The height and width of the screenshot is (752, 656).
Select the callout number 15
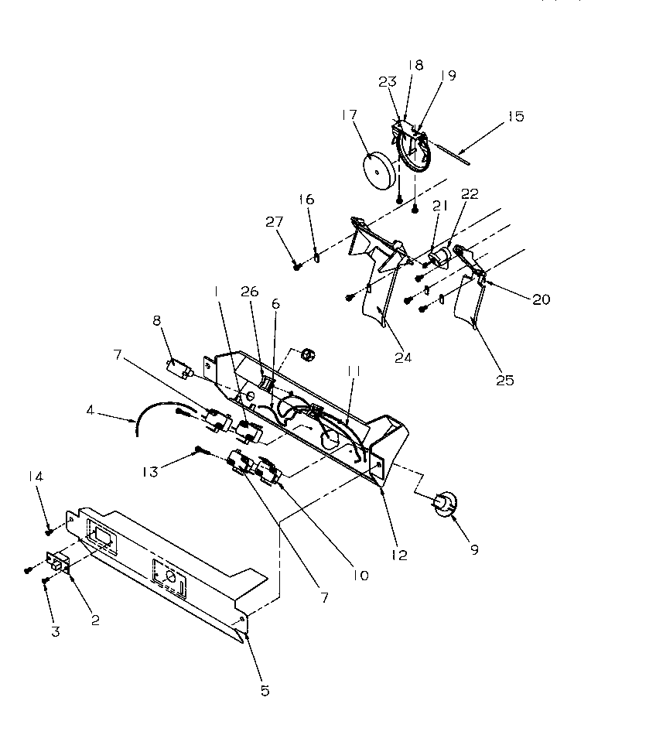point(515,117)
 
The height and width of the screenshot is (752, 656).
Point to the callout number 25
point(505,380)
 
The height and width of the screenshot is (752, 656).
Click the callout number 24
point(402,357)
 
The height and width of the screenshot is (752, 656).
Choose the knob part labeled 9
point(445,504)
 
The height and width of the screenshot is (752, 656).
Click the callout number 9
point(474,550)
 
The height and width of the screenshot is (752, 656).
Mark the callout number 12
point(399,555)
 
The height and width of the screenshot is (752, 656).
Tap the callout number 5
point(265,691)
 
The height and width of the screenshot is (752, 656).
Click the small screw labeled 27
point(297,266)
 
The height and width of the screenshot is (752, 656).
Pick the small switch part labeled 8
point(179,364)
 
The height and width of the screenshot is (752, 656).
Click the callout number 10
point(360,575)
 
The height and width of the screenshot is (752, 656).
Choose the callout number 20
point(541,299)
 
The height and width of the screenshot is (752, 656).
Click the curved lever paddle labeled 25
point(468,307)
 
